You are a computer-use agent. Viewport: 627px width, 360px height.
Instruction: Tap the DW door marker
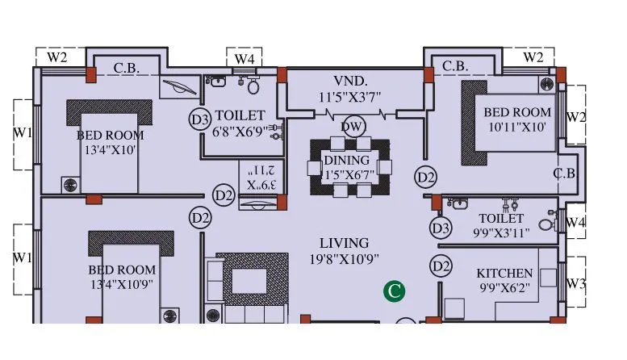click(351, 127)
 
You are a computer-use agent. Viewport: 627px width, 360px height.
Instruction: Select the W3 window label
click(575, 283)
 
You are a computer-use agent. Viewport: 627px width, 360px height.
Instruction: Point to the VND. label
click(351, 82)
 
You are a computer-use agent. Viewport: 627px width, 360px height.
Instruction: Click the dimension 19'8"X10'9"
click(344, 259)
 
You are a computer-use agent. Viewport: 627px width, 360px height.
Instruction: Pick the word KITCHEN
click(504, 274)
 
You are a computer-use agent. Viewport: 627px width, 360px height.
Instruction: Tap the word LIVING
click(344, 243)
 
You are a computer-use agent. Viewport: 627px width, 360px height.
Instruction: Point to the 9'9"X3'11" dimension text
click(501, 232)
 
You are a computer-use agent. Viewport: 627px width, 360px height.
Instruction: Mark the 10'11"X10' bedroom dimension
click(517, 128)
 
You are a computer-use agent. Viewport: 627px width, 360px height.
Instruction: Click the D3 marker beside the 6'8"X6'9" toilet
click(200, 119)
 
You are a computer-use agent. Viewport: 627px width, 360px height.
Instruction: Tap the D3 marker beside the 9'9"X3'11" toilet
click(440, 228)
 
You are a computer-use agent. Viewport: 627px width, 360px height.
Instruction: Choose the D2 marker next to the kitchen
click(440, 266)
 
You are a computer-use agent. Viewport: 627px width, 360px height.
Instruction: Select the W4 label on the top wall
click(245, 59)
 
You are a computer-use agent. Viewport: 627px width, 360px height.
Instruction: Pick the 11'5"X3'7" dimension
click(351, 98)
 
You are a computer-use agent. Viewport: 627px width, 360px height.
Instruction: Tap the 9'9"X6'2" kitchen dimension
click(504, 288)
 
